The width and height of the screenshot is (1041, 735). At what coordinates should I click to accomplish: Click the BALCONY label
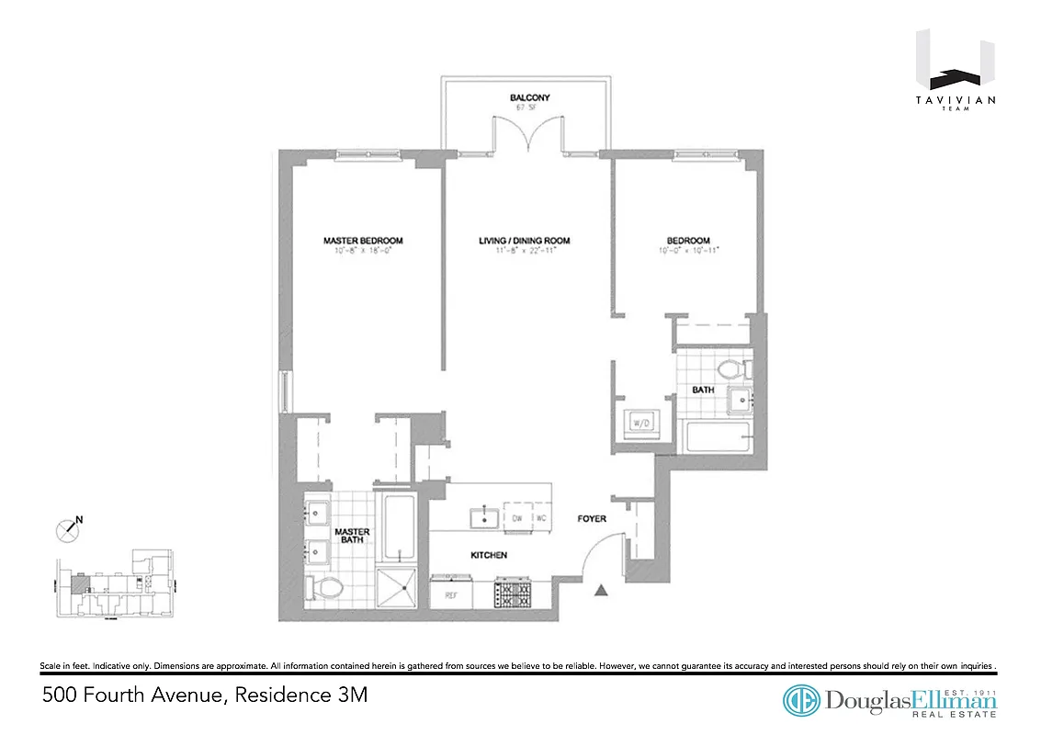point(524,97)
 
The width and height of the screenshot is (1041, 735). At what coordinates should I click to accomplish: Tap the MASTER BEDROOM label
point(363,241)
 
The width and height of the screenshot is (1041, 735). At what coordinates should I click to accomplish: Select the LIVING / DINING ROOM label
point(524,241)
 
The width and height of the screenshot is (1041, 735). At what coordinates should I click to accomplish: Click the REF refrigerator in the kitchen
point(450,594)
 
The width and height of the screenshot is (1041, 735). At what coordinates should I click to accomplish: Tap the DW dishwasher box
point(517,518)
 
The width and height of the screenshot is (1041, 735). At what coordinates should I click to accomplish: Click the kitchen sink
point(483,518)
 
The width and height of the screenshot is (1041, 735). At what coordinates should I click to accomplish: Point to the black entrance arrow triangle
point(602,591)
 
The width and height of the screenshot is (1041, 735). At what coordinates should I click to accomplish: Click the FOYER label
point(592,519)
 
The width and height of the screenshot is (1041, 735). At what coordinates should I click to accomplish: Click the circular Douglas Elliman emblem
point(801,700)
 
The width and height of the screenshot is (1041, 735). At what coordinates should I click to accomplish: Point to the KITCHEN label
point(489,555)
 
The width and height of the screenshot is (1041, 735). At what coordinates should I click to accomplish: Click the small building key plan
point(115,587)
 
